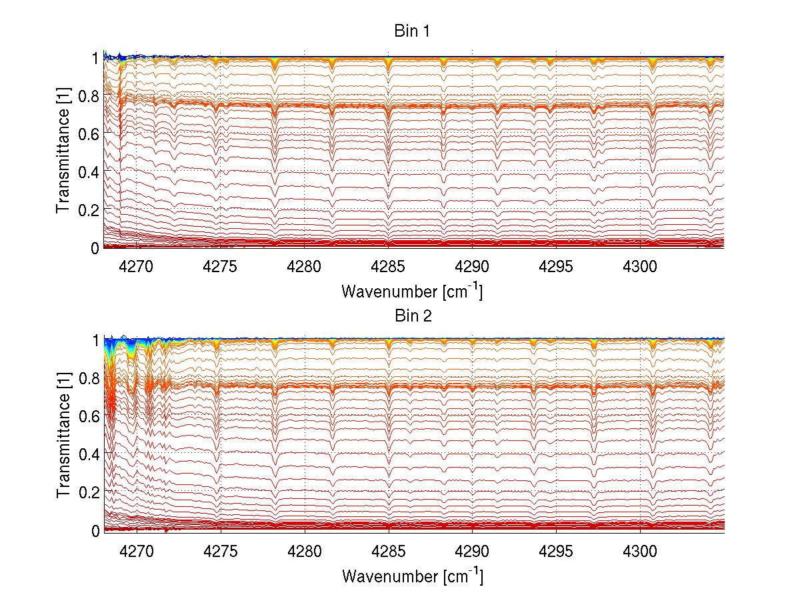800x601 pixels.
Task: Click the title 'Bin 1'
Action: tap(413, 31)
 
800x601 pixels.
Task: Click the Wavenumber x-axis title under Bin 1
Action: tap(412, 291)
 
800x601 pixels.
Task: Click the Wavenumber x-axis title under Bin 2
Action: tap(412, 575)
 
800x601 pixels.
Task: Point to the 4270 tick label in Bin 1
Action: tap(137, 267)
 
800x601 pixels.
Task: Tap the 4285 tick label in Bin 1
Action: tap(389, 267)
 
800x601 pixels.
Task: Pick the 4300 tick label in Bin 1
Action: tap(640, 267)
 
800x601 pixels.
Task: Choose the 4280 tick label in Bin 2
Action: tap(305, 551)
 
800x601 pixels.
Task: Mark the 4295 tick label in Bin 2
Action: tap(556, 551)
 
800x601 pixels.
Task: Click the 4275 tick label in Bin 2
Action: tap(221, 551)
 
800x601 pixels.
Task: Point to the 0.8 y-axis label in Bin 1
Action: tap(88, 96)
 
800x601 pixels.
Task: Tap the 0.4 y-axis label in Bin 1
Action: tap(88, 172)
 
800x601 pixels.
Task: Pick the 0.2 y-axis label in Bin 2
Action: tap(88, 492)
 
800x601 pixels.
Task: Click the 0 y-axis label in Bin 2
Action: tap(95, 531)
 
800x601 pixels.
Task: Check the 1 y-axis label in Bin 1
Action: tap(95, 58)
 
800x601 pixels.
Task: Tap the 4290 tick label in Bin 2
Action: tap(473, 551)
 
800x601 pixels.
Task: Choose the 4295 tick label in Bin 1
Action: tap(556, 267)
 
